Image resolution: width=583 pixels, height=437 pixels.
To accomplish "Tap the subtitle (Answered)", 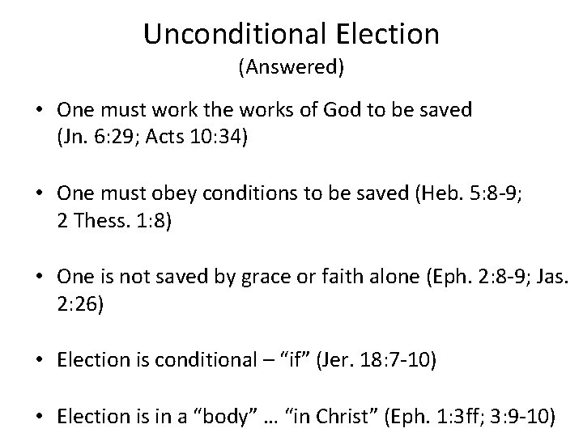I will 291,68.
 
